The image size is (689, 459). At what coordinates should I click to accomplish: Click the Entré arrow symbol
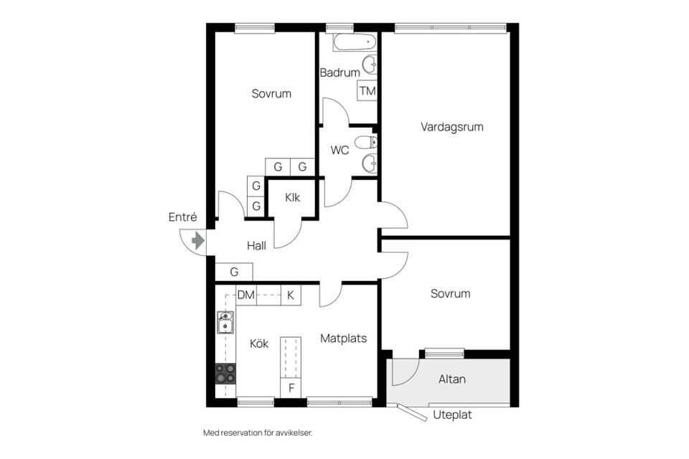click(x=198, y=241)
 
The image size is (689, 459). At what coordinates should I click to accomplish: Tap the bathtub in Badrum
click(x=355, y=42)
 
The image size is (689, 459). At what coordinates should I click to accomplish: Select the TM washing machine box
click(x=367, y=91)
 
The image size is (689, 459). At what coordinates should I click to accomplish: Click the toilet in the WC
click(x=366, y=142)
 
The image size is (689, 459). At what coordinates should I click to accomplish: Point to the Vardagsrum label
click(x=451, y=127)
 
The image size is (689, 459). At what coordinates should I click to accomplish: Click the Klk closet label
click(x=292, y=198)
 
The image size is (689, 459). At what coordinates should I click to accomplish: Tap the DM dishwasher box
click(x=246, y=295)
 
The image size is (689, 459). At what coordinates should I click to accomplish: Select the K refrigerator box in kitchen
click(x=291, y=295)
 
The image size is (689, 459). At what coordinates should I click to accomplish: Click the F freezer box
click(x=291, y=389)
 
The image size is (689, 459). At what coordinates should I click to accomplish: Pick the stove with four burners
click(x=225, y=373)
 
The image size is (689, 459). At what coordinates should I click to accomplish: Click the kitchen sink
click(x=225, y=323)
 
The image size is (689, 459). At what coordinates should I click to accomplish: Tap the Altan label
click(x=451, y=379)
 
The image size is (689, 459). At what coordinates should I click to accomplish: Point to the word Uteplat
click(x=453, y=415)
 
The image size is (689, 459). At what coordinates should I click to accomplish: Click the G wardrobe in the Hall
click(x=234, y=273)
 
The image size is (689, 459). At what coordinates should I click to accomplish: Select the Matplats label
click(x=343, y=338)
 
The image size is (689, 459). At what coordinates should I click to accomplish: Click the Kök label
click(x=259, y=344)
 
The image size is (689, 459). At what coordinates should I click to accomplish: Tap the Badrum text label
click(x=339, y=72)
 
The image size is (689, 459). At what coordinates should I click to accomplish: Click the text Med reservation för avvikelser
click(x=258, y=433)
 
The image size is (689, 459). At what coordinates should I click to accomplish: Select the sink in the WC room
click(x=369, y=164)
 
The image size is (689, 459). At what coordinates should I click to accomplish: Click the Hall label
click(x=256, y=245)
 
